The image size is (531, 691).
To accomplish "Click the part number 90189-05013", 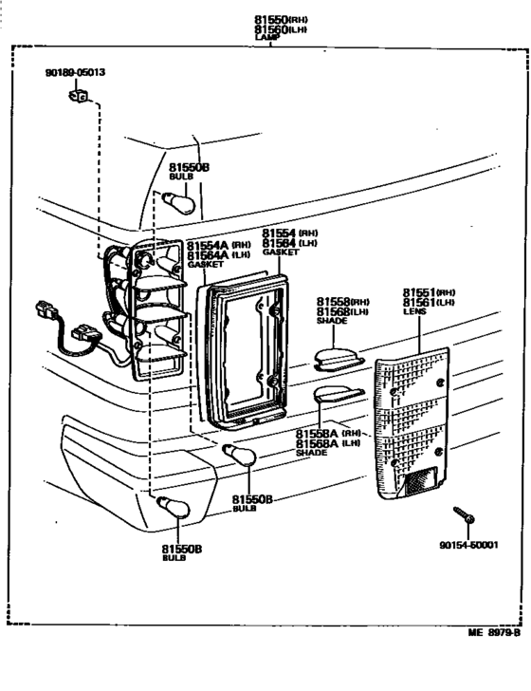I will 75,72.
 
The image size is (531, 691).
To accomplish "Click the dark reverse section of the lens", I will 416,483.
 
